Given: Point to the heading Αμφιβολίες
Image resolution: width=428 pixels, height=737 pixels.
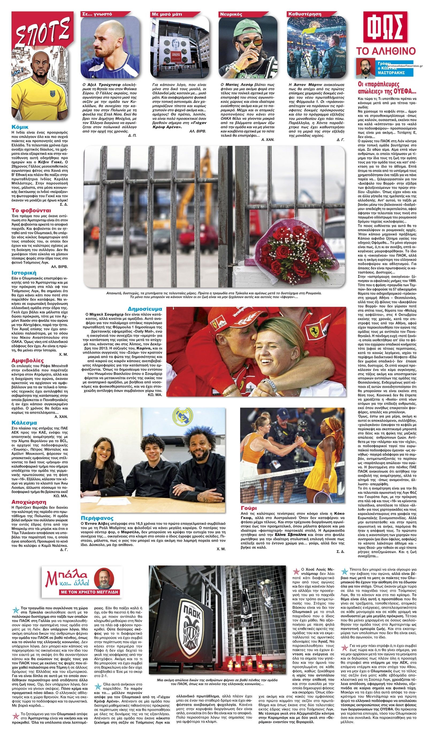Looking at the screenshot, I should tap(28, 360).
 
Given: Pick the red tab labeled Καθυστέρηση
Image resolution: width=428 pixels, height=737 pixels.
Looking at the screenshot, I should tap(301, 14).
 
